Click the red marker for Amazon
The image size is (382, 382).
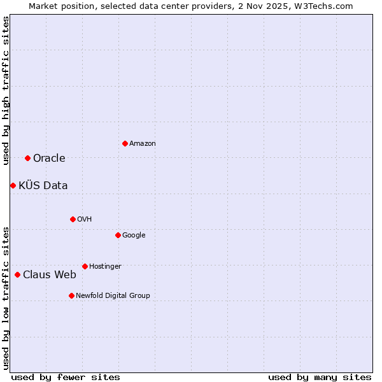tap(125, 143)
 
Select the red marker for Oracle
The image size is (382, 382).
tap(27, 158)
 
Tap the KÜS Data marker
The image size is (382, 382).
tap(13, 185)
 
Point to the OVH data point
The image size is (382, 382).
tap(73, 219)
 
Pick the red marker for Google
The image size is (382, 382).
tap(118, 235)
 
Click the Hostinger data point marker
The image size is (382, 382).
tap(85, 266)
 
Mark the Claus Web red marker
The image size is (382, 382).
tap(17, 274)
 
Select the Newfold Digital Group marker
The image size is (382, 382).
tap(71, 295)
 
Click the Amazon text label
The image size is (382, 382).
tap(143, 144)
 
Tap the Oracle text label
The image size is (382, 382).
tap(49, 158)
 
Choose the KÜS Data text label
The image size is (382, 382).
tap(43, 185)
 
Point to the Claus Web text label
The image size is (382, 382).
tap(50, 274)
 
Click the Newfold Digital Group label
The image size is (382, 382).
tap(113, 295)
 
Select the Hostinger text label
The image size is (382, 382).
tap(105, 266)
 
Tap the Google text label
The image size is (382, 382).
tap(134, 235)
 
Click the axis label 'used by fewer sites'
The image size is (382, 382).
tap(66, 377)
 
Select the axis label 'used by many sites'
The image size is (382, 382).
tap(320, 377)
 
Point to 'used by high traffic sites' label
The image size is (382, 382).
tap(6, 90)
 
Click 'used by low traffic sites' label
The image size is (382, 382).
tap(6, 297)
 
